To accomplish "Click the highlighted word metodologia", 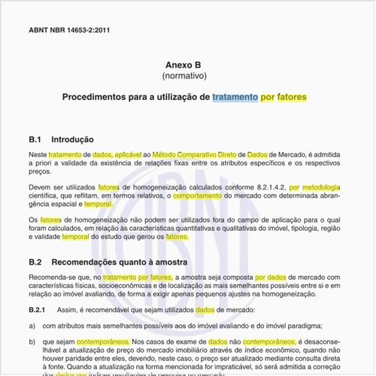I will (320, 186).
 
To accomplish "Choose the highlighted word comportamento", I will (198, 195).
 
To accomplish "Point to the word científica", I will (47, 195).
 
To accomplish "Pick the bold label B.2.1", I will (38, 310).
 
